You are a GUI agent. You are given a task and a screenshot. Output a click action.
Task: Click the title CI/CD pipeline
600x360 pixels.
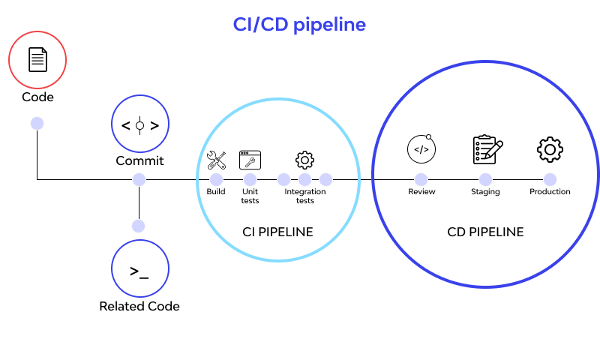[x=299, y=24]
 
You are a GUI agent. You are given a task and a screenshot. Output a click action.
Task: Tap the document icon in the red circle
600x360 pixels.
[x=37, y=60]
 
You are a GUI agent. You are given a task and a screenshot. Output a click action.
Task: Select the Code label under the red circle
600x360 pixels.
[x=37, y=97]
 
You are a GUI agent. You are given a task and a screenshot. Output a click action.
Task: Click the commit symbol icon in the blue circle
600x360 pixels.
[x=139, y=125]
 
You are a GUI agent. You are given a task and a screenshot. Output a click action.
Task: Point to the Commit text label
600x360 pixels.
[x=139, y=160]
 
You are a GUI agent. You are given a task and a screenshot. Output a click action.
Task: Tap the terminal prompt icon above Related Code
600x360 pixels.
[x=139, y=271]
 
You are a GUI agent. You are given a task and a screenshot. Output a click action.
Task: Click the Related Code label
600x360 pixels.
[x=139, y=306]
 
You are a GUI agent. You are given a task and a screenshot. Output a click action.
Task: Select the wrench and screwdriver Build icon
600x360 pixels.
[x=216, y=159]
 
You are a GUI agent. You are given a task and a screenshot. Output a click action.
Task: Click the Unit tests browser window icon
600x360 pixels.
[x=250, y=159]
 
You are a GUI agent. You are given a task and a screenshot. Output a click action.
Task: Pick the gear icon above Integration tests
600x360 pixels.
[x=304, y=159]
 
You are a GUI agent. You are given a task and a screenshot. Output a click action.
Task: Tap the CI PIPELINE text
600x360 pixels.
[x=277, y=232]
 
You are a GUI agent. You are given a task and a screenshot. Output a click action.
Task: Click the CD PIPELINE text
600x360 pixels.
[x=485, y=232]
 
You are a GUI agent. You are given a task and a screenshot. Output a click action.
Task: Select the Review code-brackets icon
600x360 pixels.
[x=421, y=149]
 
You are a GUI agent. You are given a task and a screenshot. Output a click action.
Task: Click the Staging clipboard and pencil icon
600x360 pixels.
[x=487, y=149]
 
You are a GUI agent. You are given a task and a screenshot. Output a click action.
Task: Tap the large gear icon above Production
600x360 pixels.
[x=550, y=149]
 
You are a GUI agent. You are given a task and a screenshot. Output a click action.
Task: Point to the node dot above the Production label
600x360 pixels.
[x=550, y=179]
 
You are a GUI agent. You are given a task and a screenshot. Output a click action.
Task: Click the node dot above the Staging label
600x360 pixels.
[x=485, y=179]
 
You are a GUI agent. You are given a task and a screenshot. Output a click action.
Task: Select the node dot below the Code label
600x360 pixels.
[x=37, y=123]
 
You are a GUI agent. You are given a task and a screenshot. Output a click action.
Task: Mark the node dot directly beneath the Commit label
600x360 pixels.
[x=139, y=179]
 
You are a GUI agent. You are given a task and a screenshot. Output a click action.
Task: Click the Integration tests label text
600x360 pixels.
[x=304, y=196]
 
